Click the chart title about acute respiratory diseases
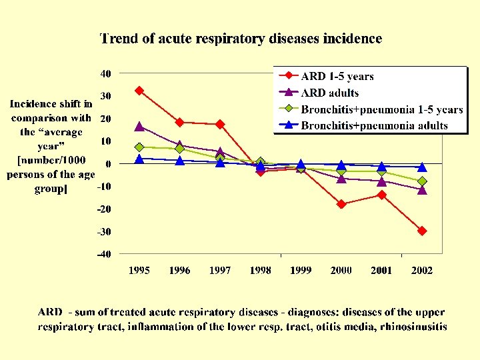tap(241, 39)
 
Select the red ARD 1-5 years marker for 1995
tap(139, 90)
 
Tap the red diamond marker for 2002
tap(422, 231)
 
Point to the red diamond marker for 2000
tap(341, 204)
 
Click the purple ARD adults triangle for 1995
tap(139, 126)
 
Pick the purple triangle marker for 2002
tap(422, 189)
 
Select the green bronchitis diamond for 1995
tap(139, 147)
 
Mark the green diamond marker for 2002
tap(422, 181)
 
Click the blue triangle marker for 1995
tap(139, 159)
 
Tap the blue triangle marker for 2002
tap(422, 167)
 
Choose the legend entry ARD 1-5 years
tap(337, 77)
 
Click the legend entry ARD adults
tap(330, 93)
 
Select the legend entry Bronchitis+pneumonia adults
tap(375, 125)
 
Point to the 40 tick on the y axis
tap(105, 73)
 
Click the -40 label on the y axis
tap(104, 254)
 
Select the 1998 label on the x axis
tap(260, 271)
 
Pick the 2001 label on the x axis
tap(381, 271)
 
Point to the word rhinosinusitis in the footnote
tap(407, 327)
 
